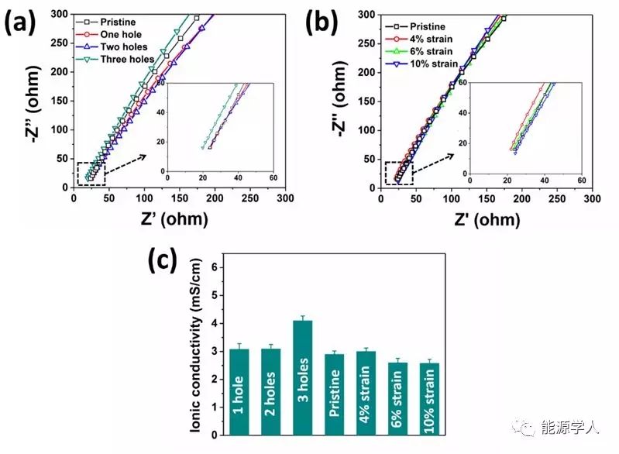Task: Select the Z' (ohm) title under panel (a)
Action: [x=159, y=219]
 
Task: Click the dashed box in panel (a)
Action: [x=92, y=174]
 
